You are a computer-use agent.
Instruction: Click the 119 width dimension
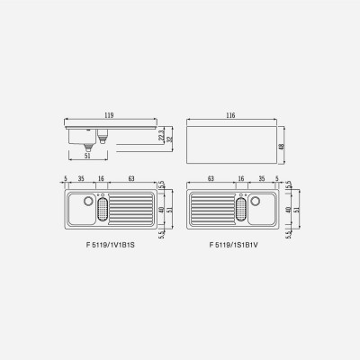point(109,115)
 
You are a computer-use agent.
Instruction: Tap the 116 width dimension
point(230,115)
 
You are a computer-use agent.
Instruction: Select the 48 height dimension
point(282,147)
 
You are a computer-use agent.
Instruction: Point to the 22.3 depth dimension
point(161,135)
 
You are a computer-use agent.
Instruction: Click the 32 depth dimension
point(169,139)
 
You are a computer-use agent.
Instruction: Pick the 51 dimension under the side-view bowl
point(87,156)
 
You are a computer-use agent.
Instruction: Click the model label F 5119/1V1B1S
point(111,245)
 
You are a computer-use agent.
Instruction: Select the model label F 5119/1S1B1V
point(234,245)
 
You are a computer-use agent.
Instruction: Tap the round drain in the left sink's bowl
point(88,201)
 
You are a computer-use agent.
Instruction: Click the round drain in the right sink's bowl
point(255,201)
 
